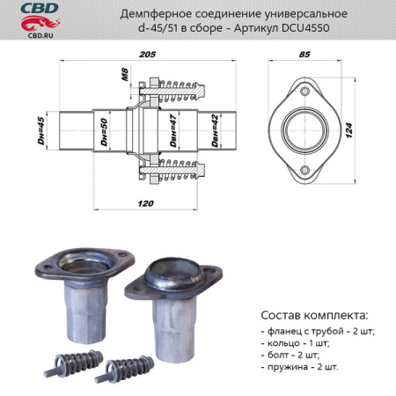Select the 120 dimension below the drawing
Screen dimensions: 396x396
146,203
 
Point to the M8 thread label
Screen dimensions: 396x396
125,82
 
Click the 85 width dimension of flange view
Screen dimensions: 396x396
304,55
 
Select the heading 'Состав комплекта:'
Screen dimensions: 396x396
315,314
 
